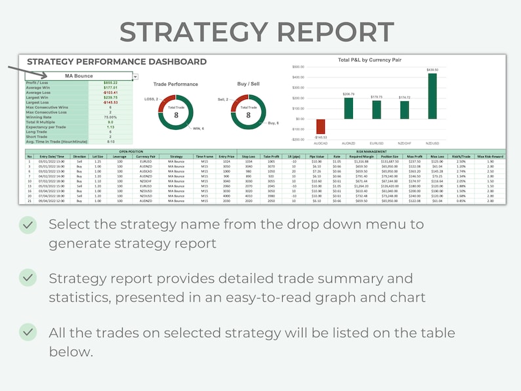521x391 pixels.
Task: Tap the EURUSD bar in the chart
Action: click(377, 110)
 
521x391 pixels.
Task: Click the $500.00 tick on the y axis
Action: click(298, 67)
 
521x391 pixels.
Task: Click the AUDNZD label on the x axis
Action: click(348, 142)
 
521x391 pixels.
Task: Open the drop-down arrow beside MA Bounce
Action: click(136, 76)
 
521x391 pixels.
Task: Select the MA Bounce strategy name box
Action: click(78, 76)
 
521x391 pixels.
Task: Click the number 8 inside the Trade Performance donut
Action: click(176, 115)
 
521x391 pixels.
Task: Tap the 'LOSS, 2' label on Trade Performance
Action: click(152, 99)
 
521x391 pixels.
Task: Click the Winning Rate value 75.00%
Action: click(110, 117)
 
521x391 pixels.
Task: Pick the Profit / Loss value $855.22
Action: click(110, 83)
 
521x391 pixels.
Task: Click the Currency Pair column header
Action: click(146, 157)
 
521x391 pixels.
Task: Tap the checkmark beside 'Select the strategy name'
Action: click(28, 225)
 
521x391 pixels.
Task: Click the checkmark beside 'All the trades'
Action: click(28, 333)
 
